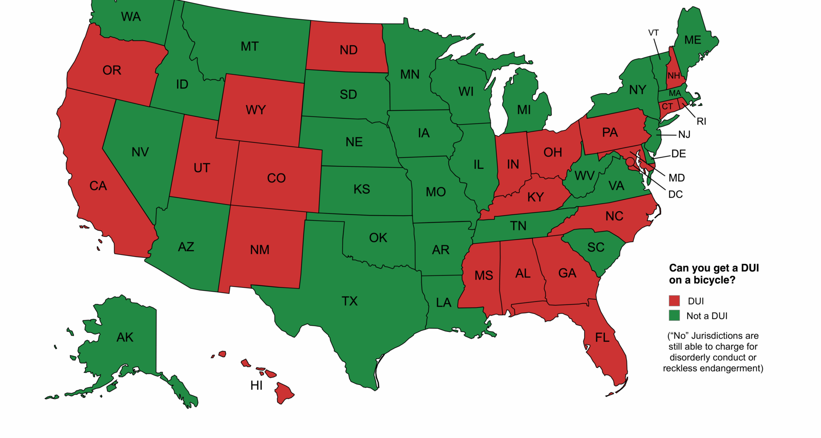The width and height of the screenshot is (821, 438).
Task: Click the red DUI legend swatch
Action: coord(674,300)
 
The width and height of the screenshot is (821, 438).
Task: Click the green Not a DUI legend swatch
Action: coord(674,316)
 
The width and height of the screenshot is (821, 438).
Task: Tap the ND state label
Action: coord(348,50)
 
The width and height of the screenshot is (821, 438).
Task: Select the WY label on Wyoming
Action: coord(256,110)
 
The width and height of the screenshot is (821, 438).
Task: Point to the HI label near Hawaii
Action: coord(257,385)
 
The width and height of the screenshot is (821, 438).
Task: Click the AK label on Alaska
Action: coord(125,337)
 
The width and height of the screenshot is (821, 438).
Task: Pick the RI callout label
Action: coord(701,121)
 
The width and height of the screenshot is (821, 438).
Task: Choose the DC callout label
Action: coord(675,194)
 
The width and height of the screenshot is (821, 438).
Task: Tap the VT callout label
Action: coord(653,33)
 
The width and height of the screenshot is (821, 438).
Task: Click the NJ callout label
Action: coord(684,134)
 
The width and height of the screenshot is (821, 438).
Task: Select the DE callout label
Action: coord(679,154)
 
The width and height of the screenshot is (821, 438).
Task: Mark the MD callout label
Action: coord(676,178)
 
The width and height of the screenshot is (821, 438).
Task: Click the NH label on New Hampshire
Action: coord(673,76)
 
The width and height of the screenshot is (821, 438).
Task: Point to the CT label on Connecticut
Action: coord(667,106)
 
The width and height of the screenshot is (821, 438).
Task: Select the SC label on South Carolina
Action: coord(596,247)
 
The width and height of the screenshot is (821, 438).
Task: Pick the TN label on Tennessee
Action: coord(518,225)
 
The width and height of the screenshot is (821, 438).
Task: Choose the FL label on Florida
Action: coord(602,337)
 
